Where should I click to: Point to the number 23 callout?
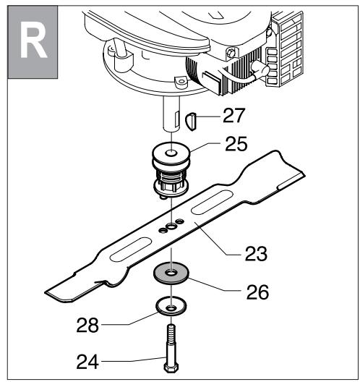[254, 254]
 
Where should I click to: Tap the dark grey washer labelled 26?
[173, 275]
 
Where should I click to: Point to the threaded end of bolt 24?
[171, 334]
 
